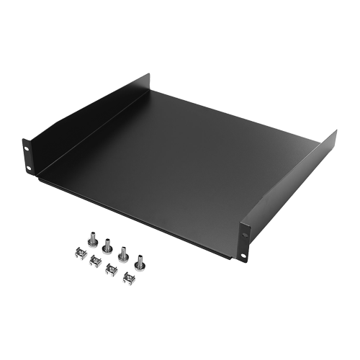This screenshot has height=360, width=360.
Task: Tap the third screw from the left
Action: pos(125,253)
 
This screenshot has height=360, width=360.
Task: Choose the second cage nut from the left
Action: pos(94,260)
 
